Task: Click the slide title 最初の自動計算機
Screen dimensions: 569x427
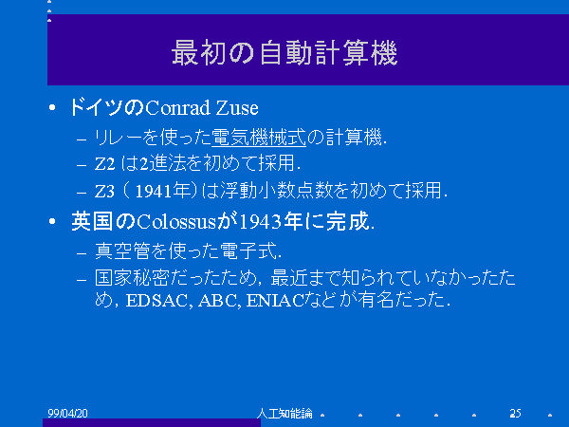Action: pos(284,53)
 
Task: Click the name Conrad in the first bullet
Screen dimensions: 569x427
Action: pos(178,108)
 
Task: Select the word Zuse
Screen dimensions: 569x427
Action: pos(237,108)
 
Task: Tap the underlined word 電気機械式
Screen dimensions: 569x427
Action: pos(259,138)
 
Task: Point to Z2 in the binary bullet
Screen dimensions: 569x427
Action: pos(104,164)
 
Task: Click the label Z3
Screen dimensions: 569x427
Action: pos(104,192)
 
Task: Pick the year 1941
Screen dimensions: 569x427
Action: pos(153,191)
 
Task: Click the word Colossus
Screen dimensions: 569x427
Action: pos(176,221)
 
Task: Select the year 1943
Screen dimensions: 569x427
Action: pos(261,221)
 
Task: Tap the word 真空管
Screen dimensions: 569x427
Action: pos(122,251)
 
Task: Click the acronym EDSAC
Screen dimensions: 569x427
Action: pos(156,301)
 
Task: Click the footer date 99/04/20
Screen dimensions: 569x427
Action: pos(68,413)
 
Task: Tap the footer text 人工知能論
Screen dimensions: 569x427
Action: pos(284,413)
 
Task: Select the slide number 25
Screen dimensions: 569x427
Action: pos(515,413)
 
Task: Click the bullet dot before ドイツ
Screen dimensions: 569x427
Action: pos(52,107)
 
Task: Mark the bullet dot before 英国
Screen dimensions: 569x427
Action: pos(52,221)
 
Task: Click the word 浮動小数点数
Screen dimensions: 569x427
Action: pos(277,191)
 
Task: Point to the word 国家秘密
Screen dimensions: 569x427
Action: pos(132,278)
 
